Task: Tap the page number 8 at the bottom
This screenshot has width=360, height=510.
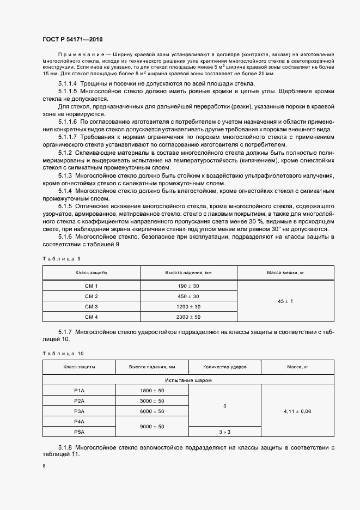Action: (44, 466)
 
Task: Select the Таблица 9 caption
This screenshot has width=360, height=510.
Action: (61, 259)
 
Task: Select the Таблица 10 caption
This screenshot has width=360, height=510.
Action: (63, 353)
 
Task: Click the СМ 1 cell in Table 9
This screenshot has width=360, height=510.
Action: (91, 286)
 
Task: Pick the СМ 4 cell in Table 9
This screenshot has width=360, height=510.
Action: (91, 317)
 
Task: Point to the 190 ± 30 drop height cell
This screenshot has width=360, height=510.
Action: (188, 286)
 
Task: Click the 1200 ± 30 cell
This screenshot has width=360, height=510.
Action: (188, 306)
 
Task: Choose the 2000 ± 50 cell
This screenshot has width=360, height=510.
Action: (188, 317)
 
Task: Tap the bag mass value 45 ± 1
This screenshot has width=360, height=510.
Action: (285, 301)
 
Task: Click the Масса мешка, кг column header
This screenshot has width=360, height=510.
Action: (285, 272)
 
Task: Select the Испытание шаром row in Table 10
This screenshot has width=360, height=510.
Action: (189, 380)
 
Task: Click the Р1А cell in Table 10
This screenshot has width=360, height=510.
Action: (79, 391)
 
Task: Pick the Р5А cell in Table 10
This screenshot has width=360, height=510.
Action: (79, 432)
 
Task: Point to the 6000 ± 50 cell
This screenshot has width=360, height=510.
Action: (152, 411)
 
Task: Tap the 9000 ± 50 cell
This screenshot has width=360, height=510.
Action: (152, 426)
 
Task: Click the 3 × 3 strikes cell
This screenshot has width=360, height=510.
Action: (225, 432)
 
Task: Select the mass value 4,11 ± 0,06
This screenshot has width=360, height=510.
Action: (297, 411)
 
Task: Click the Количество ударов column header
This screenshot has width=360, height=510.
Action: (225, 367)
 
